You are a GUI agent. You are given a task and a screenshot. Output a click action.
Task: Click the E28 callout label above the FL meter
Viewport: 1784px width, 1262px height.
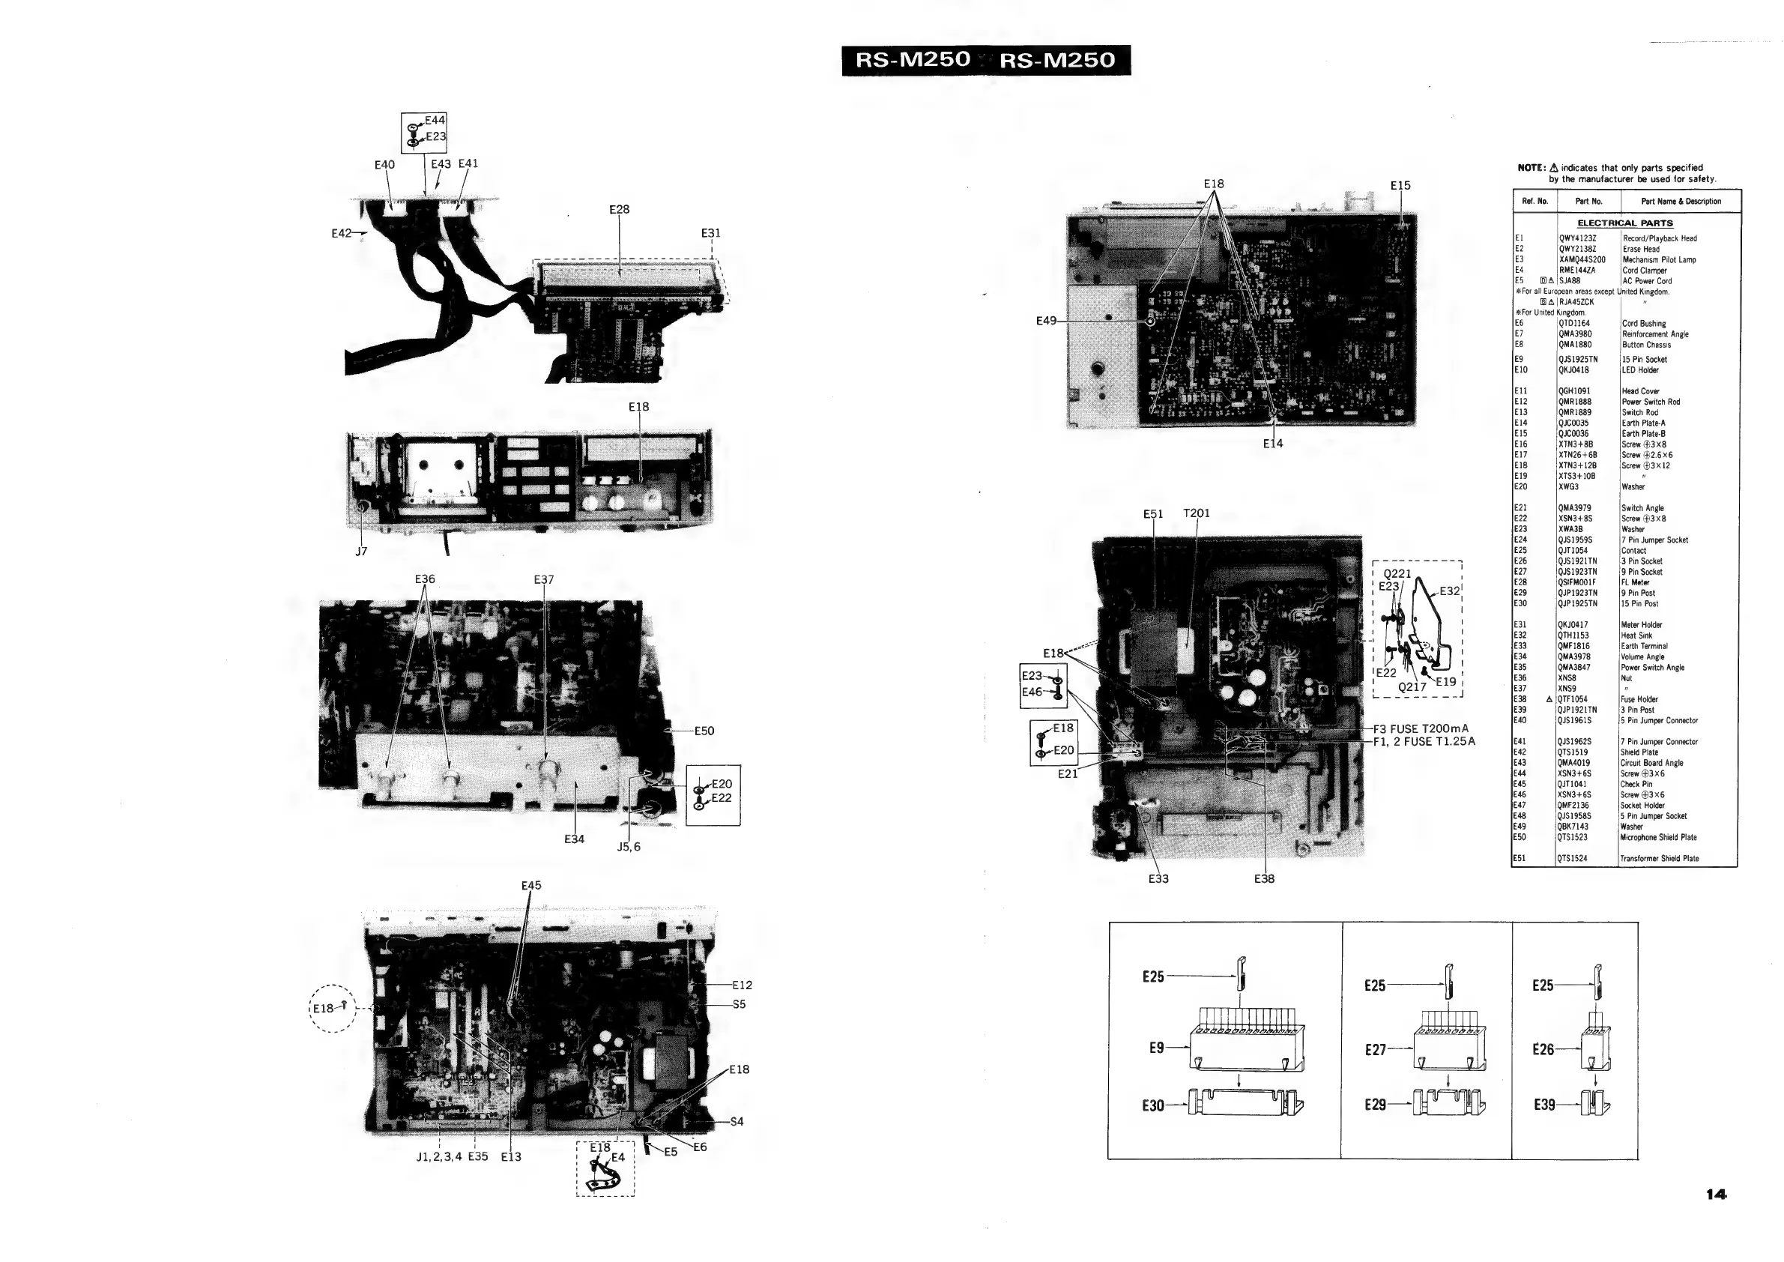point(620,210)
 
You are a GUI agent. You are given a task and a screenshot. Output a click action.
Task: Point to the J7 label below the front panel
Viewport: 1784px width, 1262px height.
point(361,552)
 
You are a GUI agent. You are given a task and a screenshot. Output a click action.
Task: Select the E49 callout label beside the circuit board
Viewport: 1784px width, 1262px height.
point(1047,320)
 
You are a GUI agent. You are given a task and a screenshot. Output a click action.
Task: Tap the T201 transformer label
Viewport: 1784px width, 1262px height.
point(1197,513)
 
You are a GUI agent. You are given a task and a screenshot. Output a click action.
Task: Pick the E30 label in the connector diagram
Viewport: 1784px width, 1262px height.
point(1153,1105)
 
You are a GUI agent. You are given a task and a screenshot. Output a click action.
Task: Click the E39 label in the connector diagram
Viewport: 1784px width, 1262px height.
point(1545,1105)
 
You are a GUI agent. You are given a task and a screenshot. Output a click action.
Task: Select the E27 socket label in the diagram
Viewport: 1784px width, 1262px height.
point(1376,1050)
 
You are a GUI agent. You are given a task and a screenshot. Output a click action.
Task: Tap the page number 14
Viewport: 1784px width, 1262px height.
point(1717,1195)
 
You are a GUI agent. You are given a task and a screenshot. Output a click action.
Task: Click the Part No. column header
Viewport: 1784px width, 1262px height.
point(1589,202)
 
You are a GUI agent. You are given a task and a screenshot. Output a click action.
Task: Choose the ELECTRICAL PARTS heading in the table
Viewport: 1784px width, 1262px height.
point(1624,223)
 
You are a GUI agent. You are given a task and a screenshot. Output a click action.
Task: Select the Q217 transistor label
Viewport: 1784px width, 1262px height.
point(1412,687)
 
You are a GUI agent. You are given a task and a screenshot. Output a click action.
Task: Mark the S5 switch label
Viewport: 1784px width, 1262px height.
point(739,1004)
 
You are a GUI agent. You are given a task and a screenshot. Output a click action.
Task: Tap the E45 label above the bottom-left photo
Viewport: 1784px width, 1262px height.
point(531,886)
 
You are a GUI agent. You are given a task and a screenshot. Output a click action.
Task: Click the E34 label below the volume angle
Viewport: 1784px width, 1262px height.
point(574,839)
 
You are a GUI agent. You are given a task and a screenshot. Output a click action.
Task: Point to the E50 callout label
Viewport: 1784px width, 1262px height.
point(704,731)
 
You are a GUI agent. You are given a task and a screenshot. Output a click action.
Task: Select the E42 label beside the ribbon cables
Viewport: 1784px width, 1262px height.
point(342,233)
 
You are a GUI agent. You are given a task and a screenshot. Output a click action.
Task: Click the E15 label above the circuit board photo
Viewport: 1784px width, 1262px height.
point(1400,186)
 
